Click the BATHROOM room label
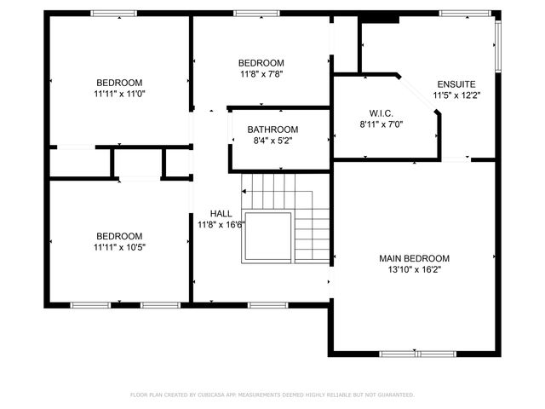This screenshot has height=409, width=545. [x=272, y=130]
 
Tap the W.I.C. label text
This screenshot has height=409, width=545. [x=380, y=112]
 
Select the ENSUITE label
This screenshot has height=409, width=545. [x=456, y=84]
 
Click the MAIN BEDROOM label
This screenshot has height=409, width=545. [x=414, y=257]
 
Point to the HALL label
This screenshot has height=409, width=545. [x=221, y=214]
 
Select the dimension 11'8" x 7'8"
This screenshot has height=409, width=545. [x=261, y=74]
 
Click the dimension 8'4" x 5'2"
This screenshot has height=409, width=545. [x=272, y=141]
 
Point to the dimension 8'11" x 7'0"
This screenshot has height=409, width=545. [x=380, y=124]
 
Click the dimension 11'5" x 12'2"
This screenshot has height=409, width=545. [x=456, y=95]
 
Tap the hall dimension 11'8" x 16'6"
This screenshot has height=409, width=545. [x=221, y=225]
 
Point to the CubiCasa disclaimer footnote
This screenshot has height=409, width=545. [x=272, y=395]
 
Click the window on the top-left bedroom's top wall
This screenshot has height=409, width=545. [x=113, y=13]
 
